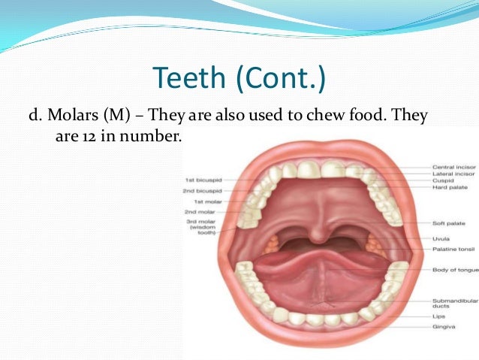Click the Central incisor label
(x=453, y=167)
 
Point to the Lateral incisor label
(x=453, y=174)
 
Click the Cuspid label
(x=442, y=180)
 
